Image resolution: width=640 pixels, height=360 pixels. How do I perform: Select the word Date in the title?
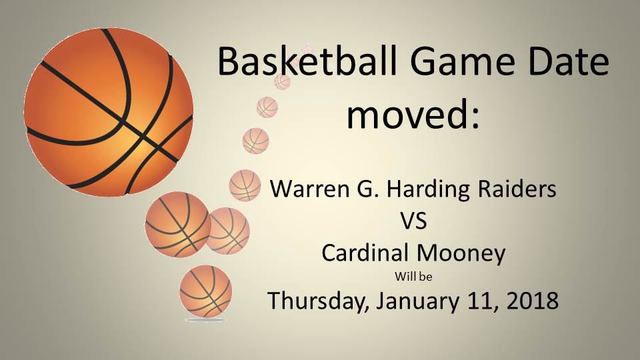click(x=565, y=62)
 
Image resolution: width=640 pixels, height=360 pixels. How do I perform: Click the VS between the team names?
click(x=413, y=221)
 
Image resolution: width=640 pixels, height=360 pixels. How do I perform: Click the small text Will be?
click(x=413, y=276)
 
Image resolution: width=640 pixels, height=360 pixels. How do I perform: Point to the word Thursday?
click(x=319, y=301)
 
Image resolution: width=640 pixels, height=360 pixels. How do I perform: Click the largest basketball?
click(x=108, y=111)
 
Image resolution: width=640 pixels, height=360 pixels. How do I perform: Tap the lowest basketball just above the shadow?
click(x=205, y=291)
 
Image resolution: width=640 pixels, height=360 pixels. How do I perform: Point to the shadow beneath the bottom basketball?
click(x=205, y=320)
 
